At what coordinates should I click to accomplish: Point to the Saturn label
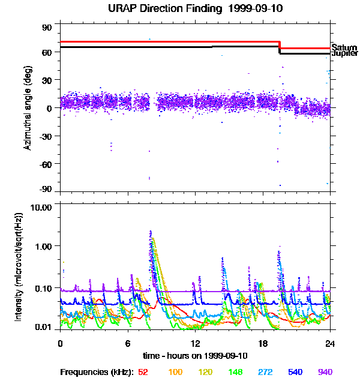coord(344,47)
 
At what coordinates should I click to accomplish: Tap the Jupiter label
coord(344,54)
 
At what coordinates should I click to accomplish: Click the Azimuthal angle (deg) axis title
coord(28,108)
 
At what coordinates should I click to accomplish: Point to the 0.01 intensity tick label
coord(43,327)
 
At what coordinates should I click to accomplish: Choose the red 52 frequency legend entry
coord(143,372)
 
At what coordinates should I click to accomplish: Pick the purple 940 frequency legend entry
coord(325,372)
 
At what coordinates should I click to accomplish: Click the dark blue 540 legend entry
coord(295,372)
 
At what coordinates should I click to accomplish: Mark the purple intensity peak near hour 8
coord(151,232)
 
